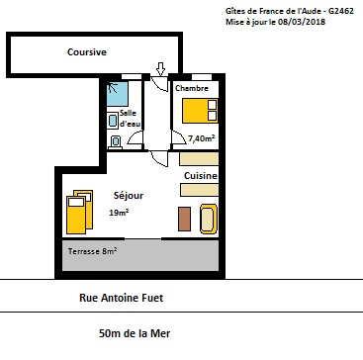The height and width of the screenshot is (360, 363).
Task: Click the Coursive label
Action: coord(87,52)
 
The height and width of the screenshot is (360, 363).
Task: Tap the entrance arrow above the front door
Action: coord(160,69)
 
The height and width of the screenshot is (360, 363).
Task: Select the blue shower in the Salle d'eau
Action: coord(118,94)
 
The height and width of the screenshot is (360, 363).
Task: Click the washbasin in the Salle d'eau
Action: coord(113,121)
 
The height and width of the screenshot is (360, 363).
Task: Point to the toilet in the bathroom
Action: coord(115,142)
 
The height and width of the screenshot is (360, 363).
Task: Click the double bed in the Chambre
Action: coord(200,111)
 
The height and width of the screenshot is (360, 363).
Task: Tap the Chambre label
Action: coord(192,88)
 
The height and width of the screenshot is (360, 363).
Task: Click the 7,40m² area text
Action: coord(201,138)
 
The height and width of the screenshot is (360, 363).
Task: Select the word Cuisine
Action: coord(201,176)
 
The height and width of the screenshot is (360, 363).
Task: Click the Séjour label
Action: coord(129,196)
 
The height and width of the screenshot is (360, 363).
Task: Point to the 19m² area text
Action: coord(119,213)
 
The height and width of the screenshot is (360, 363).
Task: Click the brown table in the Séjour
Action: coord(184,219)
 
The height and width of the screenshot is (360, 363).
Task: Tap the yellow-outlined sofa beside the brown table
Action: coord(209,219)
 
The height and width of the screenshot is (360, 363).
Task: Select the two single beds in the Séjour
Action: coord(79,212)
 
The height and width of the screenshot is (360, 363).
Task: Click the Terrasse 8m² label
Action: coord(92,251)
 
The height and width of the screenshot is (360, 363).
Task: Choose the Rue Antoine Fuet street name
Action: coord(122,298)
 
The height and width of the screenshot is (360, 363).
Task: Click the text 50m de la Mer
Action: coord(135,333)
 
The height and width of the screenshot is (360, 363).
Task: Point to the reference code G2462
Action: coord(341,11)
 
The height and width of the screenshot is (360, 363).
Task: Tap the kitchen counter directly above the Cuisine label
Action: coord(199,159)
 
